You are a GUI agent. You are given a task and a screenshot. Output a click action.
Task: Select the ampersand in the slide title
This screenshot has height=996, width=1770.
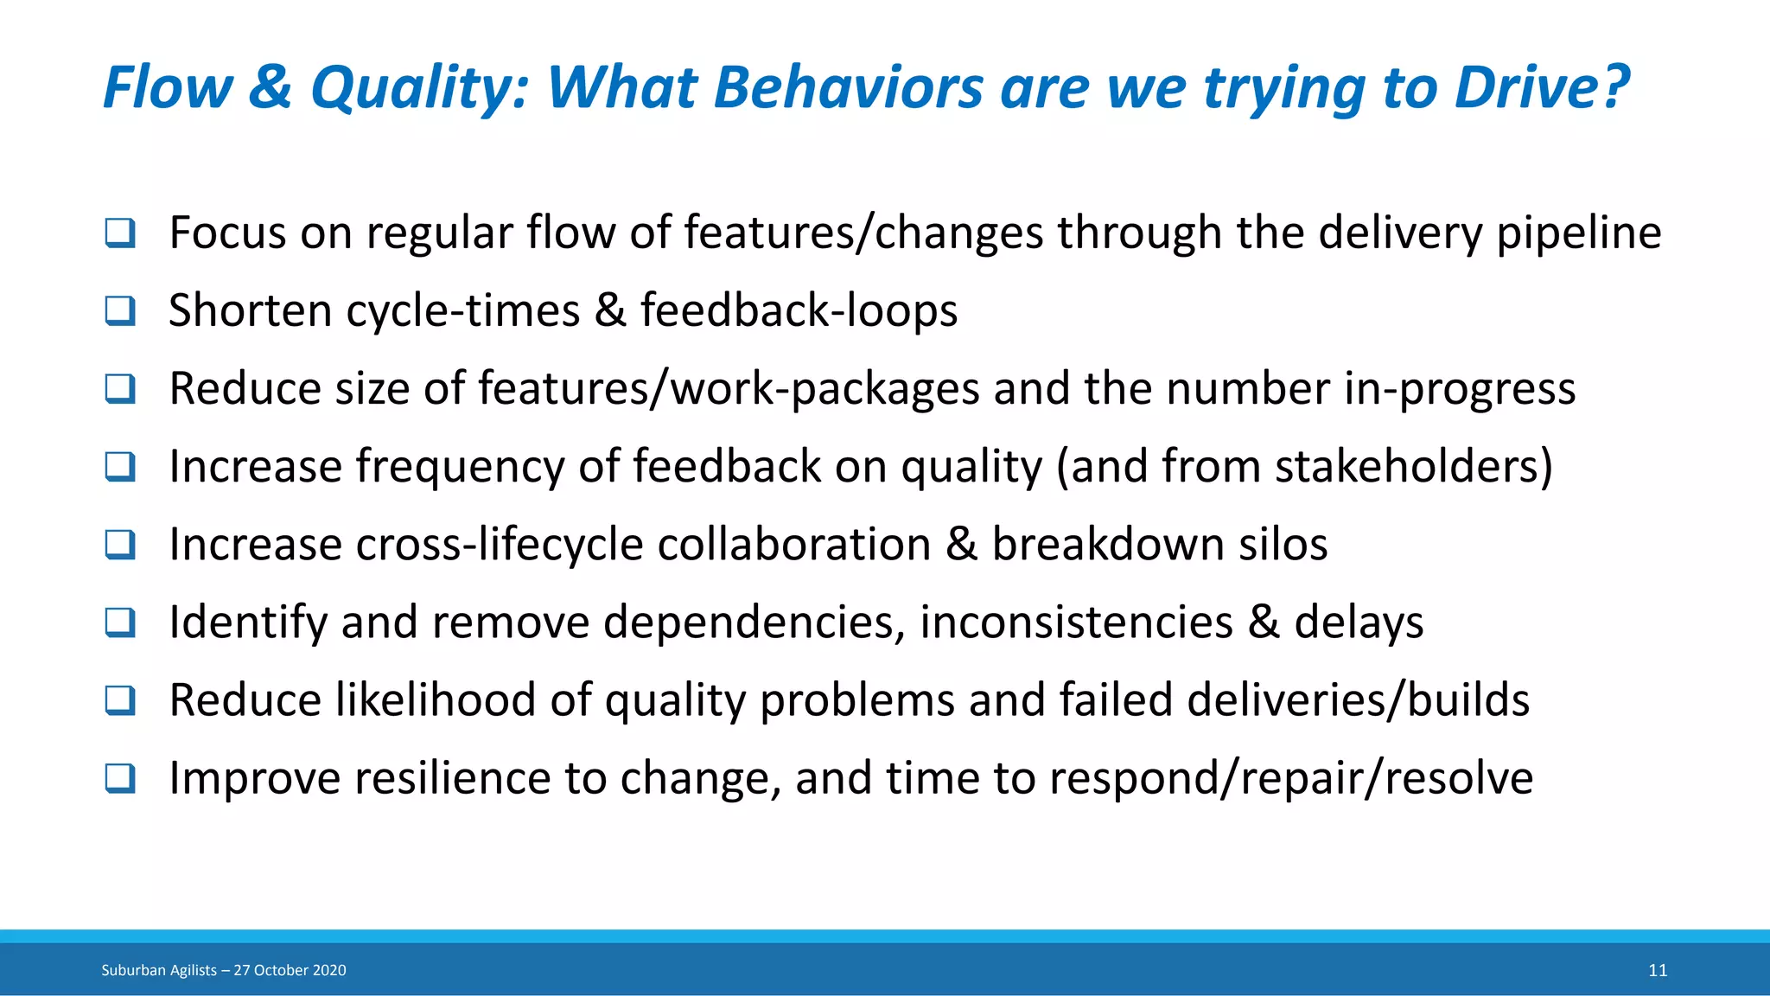[x=271, y=89]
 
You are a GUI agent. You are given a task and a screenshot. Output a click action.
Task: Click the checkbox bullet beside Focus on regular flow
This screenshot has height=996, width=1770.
[x=120, y=233]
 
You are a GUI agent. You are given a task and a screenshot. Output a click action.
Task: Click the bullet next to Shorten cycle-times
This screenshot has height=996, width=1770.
[x=120, y=311]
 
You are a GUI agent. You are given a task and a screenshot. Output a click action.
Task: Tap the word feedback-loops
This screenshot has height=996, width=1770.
[x=799, y=311]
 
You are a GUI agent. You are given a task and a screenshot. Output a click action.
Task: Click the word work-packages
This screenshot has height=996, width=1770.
[x=825, y=389]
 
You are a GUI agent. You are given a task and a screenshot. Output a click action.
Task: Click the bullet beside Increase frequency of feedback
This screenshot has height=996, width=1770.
[x=120, y=467]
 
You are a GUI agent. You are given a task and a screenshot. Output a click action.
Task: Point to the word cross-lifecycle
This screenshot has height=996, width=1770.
[x=499, y=545]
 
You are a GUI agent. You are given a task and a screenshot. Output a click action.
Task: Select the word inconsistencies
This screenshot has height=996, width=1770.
[x=1076, y=622]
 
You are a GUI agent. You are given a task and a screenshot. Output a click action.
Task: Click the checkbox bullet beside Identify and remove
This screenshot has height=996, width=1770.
[x=120, y=622]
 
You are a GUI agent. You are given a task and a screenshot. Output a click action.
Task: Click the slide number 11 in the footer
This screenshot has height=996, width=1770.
[x=1657, y=970]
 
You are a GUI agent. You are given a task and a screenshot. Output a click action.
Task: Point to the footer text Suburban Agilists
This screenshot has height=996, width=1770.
[x=159, y=970]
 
